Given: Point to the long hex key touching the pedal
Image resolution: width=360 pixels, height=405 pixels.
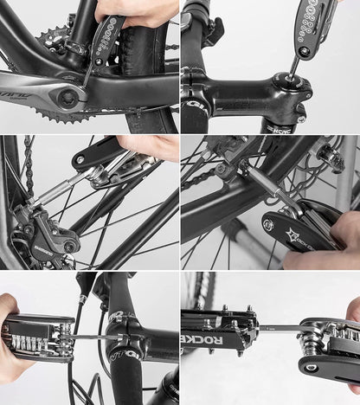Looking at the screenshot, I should pos(277,329).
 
